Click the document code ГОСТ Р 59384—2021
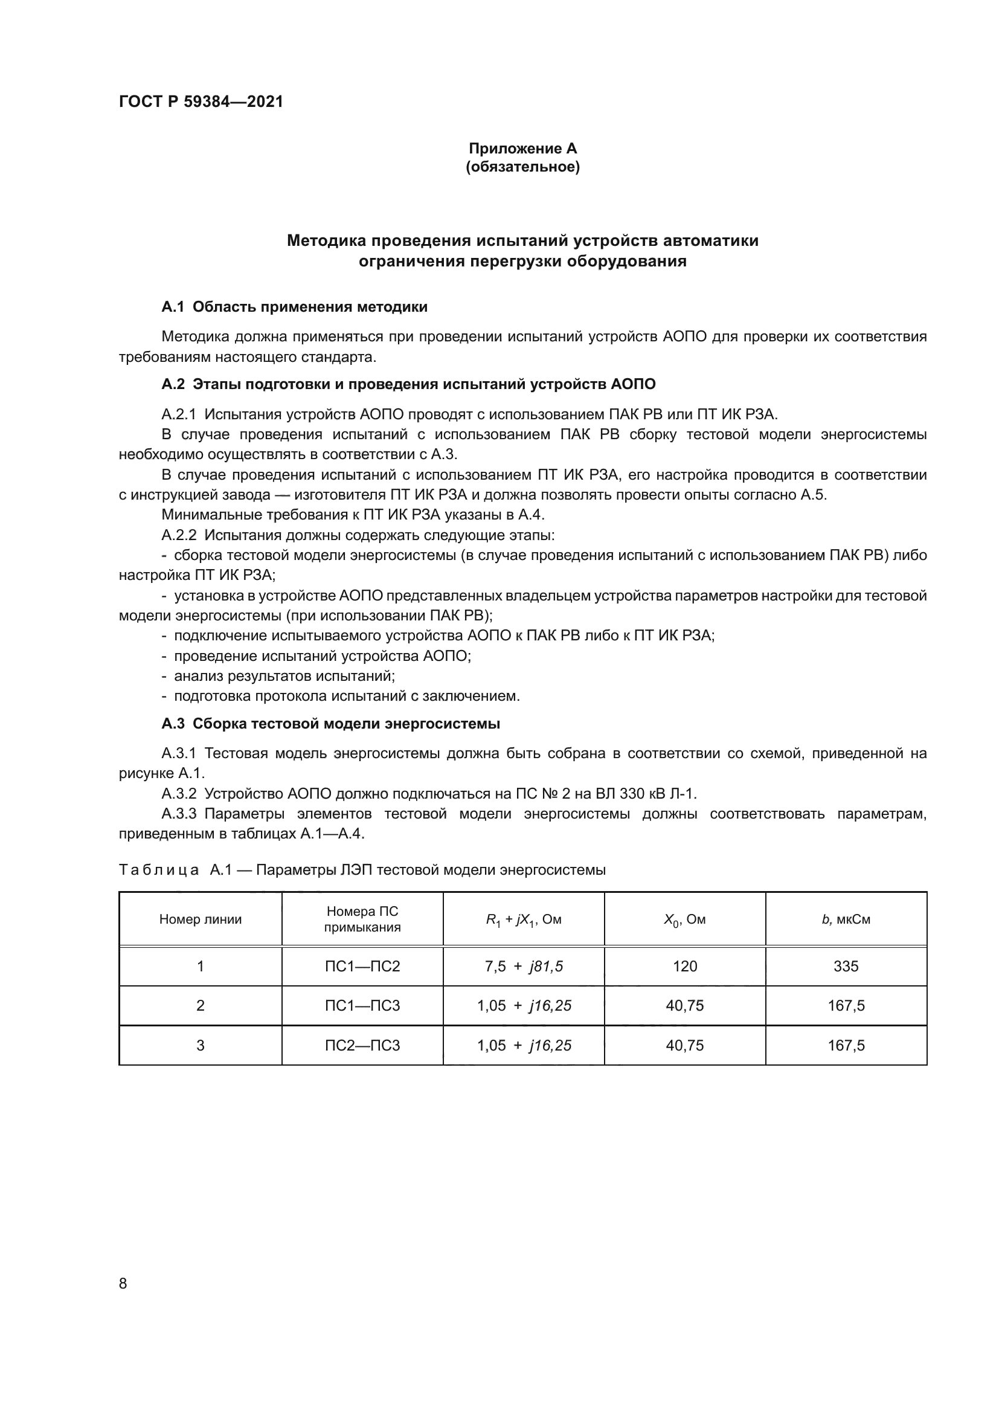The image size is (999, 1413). (201, 101)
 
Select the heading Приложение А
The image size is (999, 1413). (522, 149)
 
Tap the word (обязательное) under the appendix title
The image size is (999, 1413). (522, 167)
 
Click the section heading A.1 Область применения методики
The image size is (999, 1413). (294, 306)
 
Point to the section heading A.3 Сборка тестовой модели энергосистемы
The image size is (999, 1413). (330, 724)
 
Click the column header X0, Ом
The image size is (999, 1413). (685, 919)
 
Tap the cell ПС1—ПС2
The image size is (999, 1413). (362, 966)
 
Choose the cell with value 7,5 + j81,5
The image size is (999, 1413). (524, 966)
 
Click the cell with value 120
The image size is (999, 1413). (685, 966)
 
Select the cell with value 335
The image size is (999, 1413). (846, 966)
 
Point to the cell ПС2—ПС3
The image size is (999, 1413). (362, 1045)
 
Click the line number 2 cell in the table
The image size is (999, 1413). (201, 1006)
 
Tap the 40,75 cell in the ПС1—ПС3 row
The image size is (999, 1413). (685, 1006)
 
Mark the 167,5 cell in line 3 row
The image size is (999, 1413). (846, 1045)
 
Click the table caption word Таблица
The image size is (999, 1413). (159, 869)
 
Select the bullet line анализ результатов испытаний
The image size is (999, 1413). (284, 676)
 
